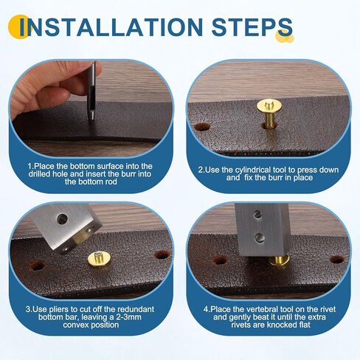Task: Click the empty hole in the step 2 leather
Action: (x=202, y=127)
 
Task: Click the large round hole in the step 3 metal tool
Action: (x=62, y=219)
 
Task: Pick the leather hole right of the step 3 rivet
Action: (x=162, y=255)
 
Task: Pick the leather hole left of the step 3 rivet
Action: (x=37, y=266)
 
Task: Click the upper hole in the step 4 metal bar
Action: (x=257, y=215)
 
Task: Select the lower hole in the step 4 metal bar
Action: (x=260, y=238)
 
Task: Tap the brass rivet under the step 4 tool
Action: (x=279, y=260)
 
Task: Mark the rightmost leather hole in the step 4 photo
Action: (x=336, y=260)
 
